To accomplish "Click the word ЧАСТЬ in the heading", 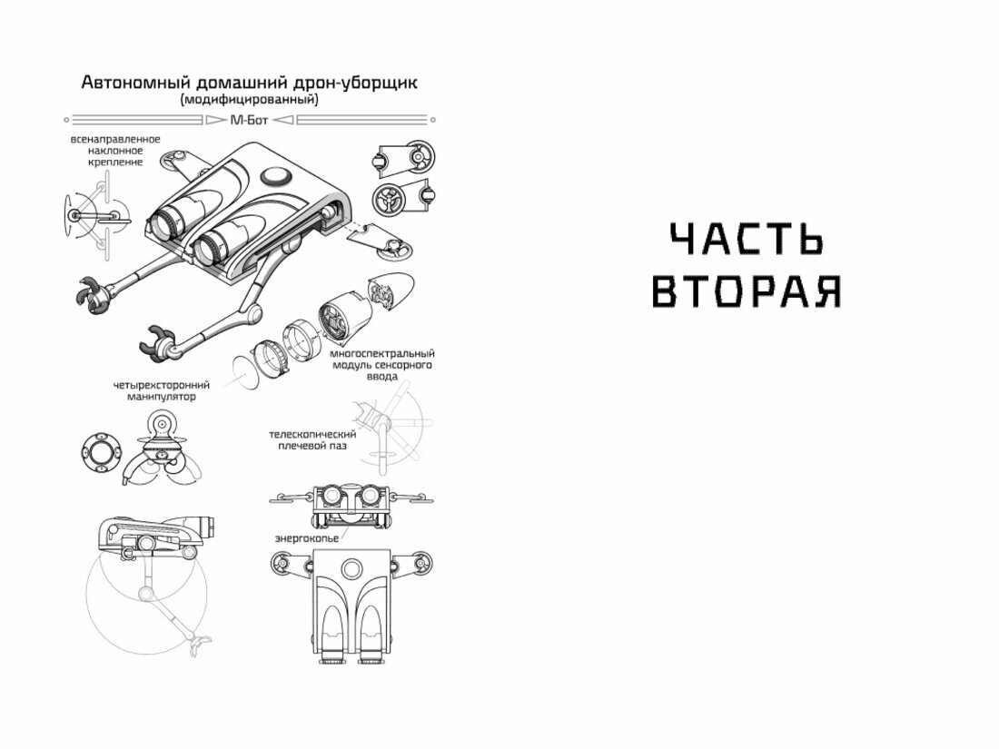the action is click(747, 240).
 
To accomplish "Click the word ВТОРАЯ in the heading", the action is click(747, 291).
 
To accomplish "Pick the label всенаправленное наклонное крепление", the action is click(115, 150).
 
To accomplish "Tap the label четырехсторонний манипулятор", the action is click(161, 390).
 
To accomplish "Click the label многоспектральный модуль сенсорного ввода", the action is click(382, 364).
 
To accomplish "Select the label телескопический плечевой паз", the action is click(312, 440).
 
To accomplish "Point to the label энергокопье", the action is click(307, 538).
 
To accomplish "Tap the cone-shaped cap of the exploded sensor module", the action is click(397, 289).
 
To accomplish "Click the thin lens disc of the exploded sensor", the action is click(242, 370).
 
